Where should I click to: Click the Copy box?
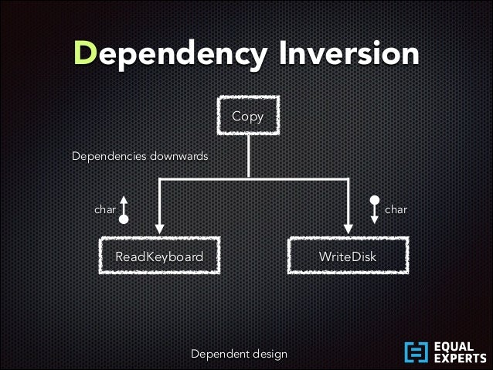tap(248, 117)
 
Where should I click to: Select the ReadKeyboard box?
tap(159, 256)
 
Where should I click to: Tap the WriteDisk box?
tap(348, 256)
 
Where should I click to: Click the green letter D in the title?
tap(86, 53)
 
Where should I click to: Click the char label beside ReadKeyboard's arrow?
tap(105, 209)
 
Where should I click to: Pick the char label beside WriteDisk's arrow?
tap(396, 209)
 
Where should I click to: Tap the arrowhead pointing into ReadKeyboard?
tap(159, 227)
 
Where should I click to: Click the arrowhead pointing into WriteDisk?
tap(348, 227)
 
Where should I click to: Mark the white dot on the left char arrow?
tap(124, 219)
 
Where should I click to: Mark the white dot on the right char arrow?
tap(375, 200)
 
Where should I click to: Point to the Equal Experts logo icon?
tap(416, 352)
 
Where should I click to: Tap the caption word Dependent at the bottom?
tap(219, 354)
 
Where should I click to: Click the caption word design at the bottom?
tap(269, 354)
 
